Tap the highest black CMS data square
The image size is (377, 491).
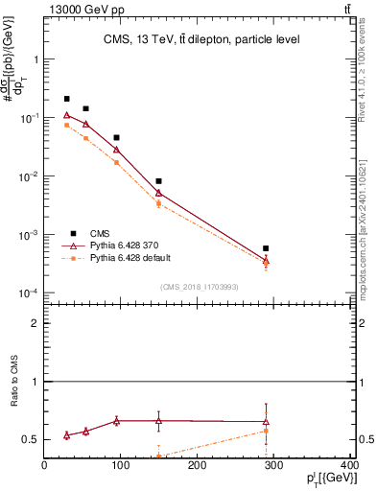click(x=67, y=99)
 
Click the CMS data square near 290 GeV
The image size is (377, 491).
click(x=266, y=248)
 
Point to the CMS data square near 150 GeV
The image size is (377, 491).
click(x=159, y=181)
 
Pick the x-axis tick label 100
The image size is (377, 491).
click(x=121, y=466)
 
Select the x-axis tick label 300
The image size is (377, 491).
click(x=273, y=466)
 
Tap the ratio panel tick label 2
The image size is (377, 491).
click(x=35, y=324)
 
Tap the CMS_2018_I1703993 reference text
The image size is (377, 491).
click(x=200, y=287)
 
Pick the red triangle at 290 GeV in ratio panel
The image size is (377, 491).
click(x=266, y=422)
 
